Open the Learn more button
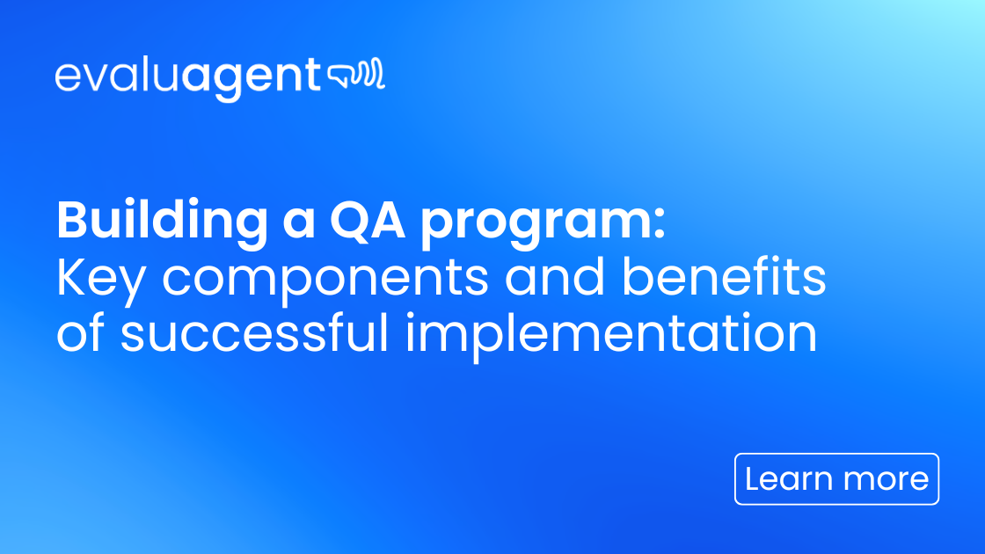coord(836,479)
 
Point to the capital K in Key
coord(71,279)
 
